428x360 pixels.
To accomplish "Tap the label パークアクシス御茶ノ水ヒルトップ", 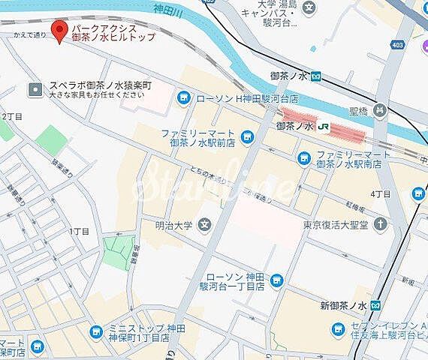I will pos(113,31).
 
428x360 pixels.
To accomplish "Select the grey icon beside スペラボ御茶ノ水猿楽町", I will pos(35,90).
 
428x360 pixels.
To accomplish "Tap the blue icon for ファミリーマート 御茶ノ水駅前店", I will pos(245,138).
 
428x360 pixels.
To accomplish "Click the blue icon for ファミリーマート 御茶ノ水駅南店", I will pos(303,157).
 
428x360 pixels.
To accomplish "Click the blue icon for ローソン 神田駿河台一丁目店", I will pos(276,281).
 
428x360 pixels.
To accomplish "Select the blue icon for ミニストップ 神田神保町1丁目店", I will pos(95,331).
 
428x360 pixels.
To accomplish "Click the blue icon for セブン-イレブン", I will pos(338,328).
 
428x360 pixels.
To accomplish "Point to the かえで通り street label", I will pos(29,35).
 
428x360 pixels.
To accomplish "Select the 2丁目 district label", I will pos(12,116).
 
